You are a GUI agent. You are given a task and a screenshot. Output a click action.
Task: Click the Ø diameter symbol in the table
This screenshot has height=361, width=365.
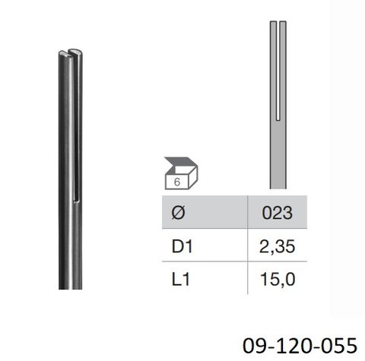coord(176,214)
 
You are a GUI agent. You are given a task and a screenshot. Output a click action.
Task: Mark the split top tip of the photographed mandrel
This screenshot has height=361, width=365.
coord(67,53)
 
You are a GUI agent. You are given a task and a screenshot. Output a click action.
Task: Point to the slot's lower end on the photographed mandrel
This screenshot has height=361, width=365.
coord(78,199)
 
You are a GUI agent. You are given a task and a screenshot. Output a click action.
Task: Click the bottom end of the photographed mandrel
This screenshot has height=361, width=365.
coord(71,287)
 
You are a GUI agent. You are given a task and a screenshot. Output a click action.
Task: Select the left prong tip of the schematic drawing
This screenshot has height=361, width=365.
coord(273,24)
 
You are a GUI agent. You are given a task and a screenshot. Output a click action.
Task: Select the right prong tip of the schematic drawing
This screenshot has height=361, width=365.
coord(284,24)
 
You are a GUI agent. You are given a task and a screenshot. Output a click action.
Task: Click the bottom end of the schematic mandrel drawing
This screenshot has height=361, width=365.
coord(278,185)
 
